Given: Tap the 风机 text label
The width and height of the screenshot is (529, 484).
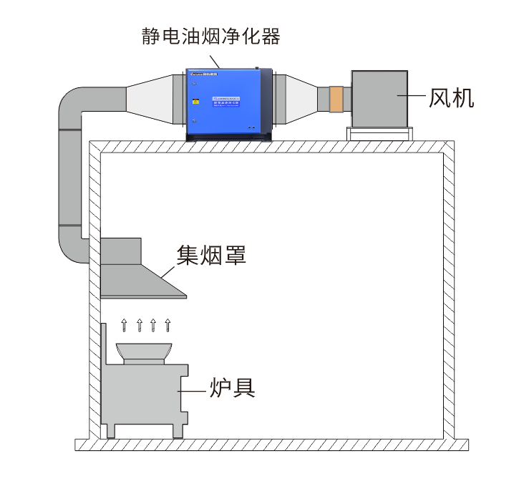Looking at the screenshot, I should click(x=451, y=97).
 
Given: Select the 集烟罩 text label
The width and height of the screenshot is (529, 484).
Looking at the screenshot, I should click(x=212, y=254).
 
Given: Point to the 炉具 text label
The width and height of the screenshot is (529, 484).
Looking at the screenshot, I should click(x=232, y=387).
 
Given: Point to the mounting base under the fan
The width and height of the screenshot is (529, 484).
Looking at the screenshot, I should click(x=379, y=134).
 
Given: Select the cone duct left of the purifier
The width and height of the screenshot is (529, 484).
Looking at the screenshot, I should click(x=149, y=100).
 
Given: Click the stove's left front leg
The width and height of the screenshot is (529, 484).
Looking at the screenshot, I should click(x=111, y=430).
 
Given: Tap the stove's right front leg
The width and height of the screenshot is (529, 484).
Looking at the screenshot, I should click(x=176, y=430).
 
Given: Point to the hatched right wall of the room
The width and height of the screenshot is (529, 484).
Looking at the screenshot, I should click(x=449, y=286).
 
